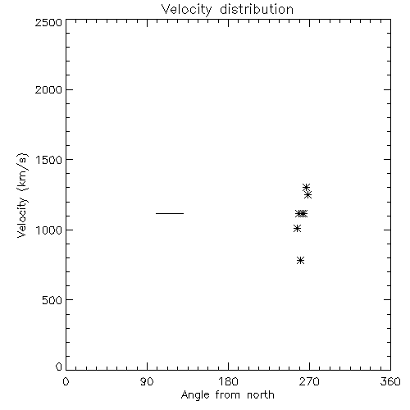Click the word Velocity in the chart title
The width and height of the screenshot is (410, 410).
(x=187, y=10)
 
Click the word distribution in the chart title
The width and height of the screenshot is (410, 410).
(x=257, y=9)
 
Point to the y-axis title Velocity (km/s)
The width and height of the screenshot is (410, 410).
(x=22, y=195)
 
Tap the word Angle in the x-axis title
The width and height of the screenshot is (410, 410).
(x=195, y=395)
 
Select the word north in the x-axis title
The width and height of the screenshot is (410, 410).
(x=261, y=395)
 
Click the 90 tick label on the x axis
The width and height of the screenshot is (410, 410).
(x=147, y=381)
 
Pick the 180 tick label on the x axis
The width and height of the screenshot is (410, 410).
(x=228, y=381)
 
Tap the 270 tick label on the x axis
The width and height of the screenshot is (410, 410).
(x=309, y=381)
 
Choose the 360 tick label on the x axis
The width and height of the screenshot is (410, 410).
(x=390, y=381)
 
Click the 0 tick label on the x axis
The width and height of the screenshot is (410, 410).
(x=66, y=381)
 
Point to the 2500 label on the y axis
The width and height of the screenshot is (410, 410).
(x=48, y=22)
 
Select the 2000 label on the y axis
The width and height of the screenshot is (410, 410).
(x=48, y=89)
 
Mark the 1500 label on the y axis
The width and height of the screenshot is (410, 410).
(x=49, y=160)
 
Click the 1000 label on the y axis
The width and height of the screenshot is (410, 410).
(x=49, y=230)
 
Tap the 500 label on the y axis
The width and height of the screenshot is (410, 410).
(x=52, y=300)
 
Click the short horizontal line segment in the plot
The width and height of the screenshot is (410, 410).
(x=170, y=213)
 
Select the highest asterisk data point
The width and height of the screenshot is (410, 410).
(x=306, y=188)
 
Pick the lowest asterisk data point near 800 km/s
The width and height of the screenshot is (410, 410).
(x=300, y=260)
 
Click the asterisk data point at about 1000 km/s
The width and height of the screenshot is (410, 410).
(x=297, y=228)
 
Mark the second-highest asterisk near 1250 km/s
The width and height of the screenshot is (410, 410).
(x=308, y=195)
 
